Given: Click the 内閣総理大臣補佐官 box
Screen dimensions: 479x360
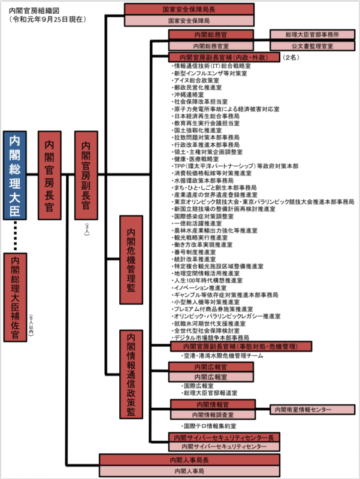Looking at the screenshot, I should (14, 296).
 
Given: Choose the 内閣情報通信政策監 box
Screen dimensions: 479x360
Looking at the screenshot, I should (131, 374).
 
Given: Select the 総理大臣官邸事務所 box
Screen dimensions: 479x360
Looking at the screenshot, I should (311, 35).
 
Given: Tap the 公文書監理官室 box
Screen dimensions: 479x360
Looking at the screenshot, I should (311, 46).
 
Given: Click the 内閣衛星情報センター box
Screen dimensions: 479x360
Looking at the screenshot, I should (303, 410).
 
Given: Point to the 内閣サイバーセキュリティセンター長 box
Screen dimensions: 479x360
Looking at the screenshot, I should (224, 438).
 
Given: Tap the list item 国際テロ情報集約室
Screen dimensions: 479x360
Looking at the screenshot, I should (210, 425).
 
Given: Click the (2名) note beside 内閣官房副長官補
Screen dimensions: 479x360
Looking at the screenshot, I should (291, 57).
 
